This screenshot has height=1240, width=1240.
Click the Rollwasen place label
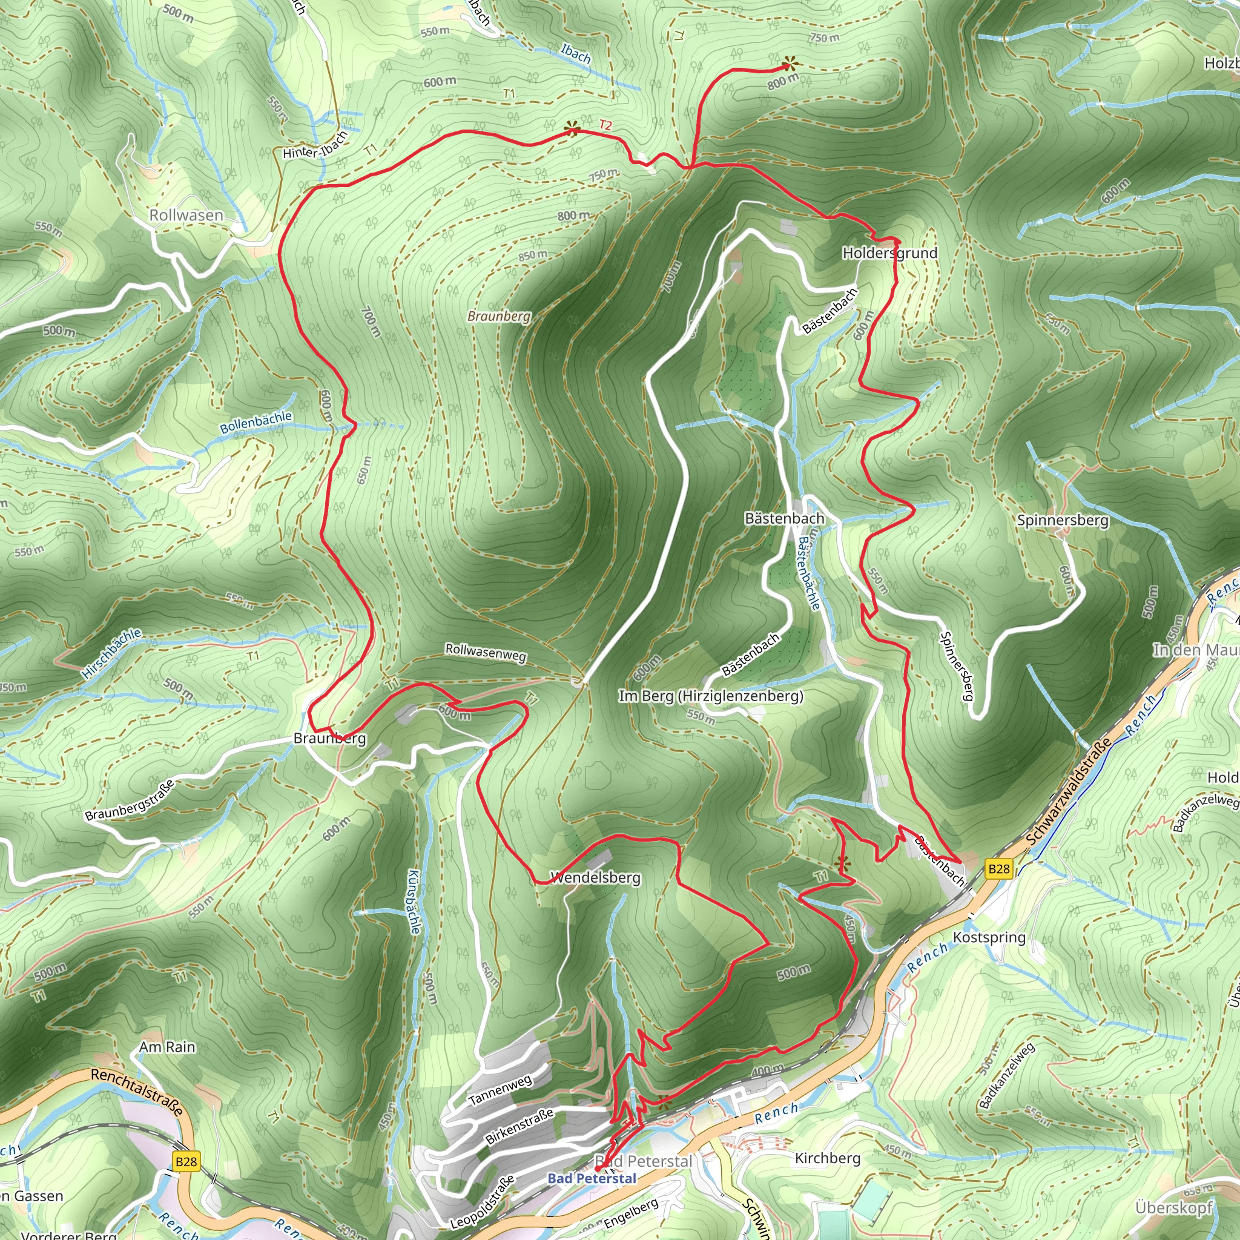point(186,215)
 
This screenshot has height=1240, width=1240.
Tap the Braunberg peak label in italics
point(499,316)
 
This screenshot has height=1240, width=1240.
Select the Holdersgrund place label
point(889,253)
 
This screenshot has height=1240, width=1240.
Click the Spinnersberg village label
point(1062,520)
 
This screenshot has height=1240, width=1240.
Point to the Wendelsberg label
point(596,877)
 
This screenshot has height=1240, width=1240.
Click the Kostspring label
point(989,937)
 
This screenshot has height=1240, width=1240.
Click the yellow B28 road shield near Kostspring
point(998,869)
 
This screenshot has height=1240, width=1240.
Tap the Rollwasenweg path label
point(485,652)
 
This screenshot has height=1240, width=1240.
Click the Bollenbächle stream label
point(256,423)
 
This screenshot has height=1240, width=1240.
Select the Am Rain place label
point(167,1047)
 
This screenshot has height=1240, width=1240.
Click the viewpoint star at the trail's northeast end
point(790,64)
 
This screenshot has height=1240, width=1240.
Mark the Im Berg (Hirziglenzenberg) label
point(710,696)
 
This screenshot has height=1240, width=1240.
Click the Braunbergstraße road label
point(129,800)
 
